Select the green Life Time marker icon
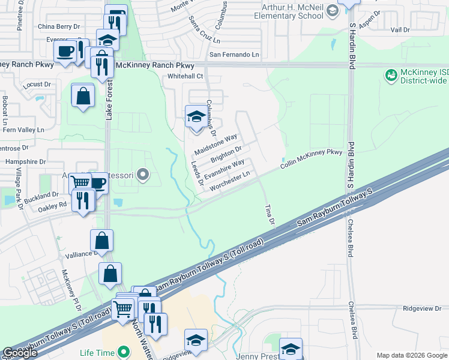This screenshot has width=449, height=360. pos(124,352)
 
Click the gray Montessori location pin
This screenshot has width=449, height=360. pos(143,175)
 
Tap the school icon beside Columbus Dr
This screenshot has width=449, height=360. pos(196,116)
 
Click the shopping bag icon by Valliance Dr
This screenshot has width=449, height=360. pos(102,241)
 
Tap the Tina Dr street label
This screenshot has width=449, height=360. pos(270,215)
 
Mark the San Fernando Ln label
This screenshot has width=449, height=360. pos(234,55)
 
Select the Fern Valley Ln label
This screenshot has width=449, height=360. pos(24,129)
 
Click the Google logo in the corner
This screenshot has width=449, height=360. pos(20,353)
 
